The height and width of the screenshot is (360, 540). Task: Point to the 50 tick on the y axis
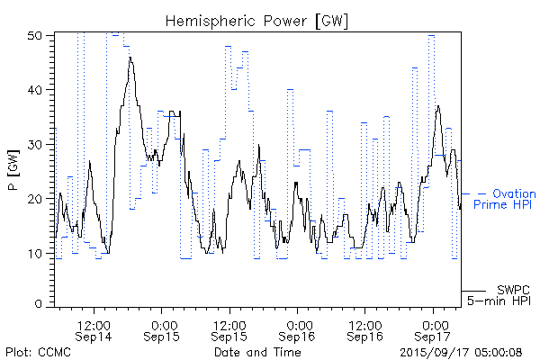(x=37, y=36)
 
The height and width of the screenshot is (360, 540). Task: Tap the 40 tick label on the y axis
(x=37, y=90)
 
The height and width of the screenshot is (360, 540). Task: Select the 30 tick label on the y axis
(x=37, y=144)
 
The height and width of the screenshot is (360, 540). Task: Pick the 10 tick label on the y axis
(x=37, y=253)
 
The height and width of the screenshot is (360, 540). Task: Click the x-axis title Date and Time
(x=257, y=352)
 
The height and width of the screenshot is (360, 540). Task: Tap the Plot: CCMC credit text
(x=34, y=352)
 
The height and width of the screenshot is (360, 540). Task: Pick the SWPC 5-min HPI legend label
(x=504, y=294)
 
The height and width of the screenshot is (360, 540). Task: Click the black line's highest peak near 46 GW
(x=130, y=58)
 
